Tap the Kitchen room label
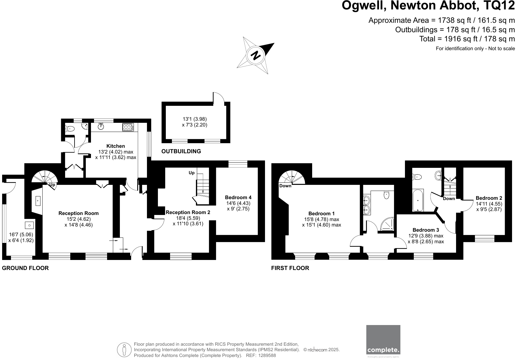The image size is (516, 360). [116, 146]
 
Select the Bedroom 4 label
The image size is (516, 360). [238, 198]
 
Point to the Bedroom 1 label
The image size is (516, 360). [321, 213]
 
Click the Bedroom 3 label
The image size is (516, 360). [426, 230]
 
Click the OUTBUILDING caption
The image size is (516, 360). [181, 151]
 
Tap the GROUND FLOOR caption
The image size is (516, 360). [25, 268]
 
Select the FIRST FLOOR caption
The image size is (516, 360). [290, 268]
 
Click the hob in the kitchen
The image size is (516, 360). [128, 127]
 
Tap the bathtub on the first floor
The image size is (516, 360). [417, 200]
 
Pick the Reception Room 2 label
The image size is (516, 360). [188, 213]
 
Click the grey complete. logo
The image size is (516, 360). [383, 340]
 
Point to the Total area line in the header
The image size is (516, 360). [467, 39]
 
